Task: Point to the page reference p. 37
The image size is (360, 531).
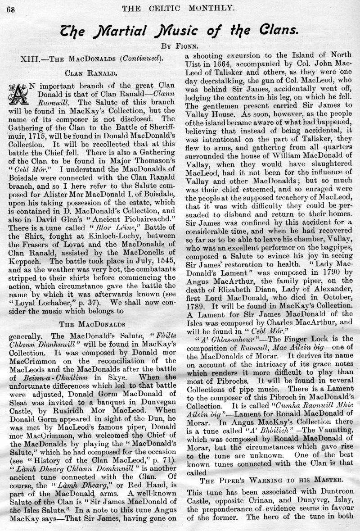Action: coord(99,263)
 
